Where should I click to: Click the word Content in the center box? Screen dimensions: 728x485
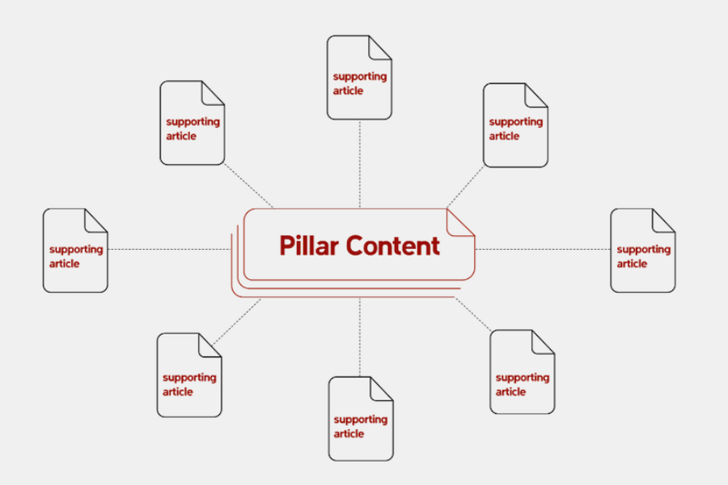(393, 246)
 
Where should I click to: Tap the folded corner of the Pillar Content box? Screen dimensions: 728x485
(459, 223)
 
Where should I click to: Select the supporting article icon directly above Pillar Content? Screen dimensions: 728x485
(359, 78)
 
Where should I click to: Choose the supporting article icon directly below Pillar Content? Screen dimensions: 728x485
(361, 419)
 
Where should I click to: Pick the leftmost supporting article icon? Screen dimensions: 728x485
(75, 250)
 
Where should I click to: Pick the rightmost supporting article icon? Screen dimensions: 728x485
(643, 250)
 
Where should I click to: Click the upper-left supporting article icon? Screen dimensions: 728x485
(193, 123)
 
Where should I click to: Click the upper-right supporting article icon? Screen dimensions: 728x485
(515, 125)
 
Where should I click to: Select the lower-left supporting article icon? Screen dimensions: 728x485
(189, 375)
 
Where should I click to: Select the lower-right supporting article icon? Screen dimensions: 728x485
(523, 372)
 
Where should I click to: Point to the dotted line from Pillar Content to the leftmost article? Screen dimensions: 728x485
(170, 249)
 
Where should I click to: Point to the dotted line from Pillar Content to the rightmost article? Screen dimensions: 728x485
(543, 249)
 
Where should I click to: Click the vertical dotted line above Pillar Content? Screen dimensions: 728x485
(360, 164)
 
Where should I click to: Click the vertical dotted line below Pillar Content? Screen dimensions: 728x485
(360, 337)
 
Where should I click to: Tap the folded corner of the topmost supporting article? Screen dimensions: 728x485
(380, 48)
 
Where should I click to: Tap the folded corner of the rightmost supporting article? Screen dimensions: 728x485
(664, 220)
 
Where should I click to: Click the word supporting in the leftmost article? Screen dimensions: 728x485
(76, 250)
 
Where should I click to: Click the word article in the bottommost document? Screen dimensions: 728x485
(349, 433)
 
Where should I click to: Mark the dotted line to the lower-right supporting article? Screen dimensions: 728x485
(472, 314)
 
